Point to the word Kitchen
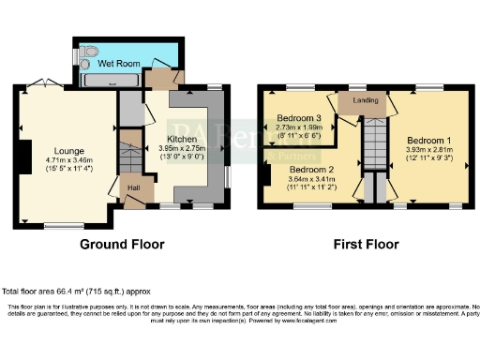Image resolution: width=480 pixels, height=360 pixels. pos(183,139)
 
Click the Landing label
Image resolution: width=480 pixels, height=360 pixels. pos(365,99)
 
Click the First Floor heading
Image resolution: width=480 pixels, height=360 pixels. pos(367,244)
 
